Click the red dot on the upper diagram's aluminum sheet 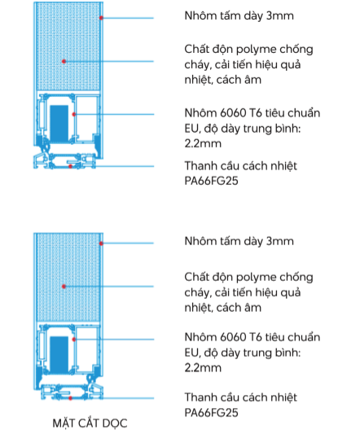101,18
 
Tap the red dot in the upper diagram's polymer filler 64,61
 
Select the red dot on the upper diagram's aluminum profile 74,114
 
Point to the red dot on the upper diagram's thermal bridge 71,166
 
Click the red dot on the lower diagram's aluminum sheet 101,244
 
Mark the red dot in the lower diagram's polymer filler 64,287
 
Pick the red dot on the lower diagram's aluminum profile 74,340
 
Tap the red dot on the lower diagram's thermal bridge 71,398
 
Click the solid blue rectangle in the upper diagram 59,123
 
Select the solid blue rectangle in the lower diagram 59,354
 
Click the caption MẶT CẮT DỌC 90,423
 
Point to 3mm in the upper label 280,16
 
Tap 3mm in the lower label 280,241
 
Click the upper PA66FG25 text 211,181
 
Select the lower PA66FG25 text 211,413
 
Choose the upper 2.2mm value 203,143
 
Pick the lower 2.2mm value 203,368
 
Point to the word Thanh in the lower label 199,397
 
